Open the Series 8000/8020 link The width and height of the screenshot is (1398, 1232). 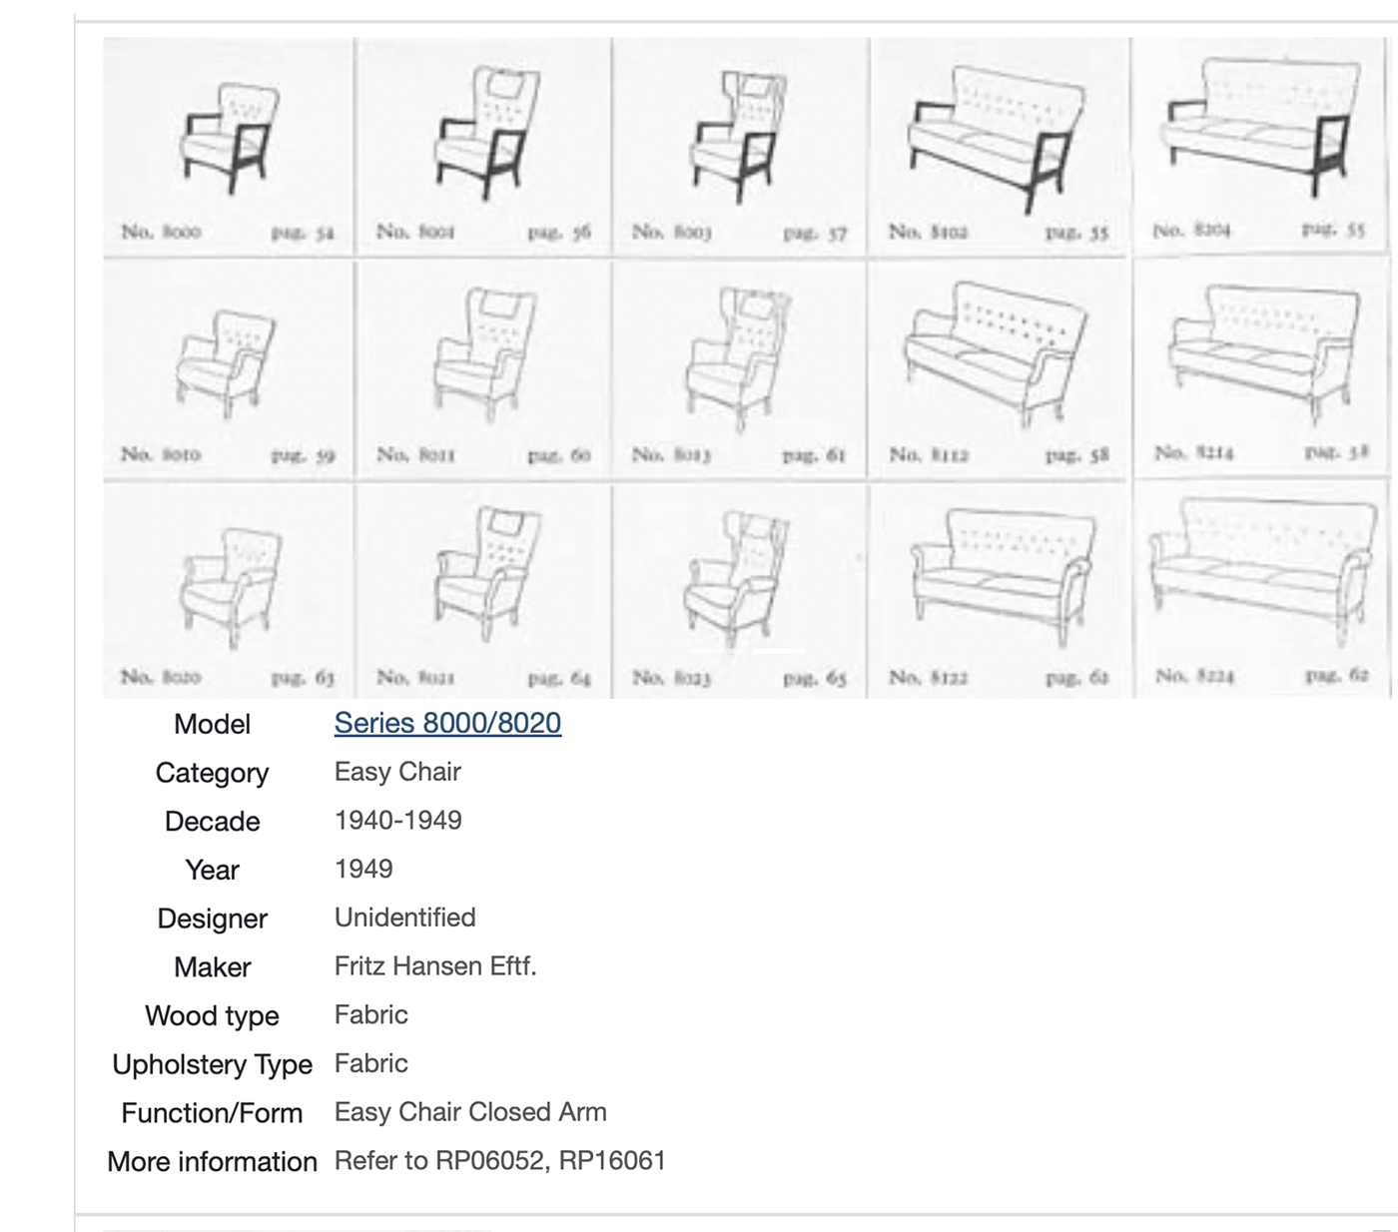(447, 723)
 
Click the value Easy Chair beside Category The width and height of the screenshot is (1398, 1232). (397, 772)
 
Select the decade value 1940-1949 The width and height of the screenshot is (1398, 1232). (397, 821)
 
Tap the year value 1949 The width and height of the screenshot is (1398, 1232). (363, 869)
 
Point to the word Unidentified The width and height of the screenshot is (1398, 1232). (404, 918)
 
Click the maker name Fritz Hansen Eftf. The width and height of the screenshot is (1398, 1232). (434, 966)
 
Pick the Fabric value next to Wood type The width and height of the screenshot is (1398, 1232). (370, 1015)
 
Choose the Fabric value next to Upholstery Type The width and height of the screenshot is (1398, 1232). (370, 1063)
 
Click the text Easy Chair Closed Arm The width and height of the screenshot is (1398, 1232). (470, 1112)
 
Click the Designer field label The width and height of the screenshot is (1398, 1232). (212, 919)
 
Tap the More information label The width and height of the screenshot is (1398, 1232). (212, 1162)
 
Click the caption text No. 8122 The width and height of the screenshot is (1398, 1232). (928, 678)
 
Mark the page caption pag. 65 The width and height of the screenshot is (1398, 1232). (814, 679)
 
